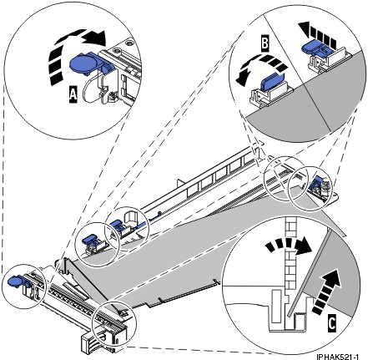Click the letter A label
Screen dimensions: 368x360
(x=73, y=94)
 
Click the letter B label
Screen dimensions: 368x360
(x=265, y=44)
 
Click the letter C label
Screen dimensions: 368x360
(x=331, y=323)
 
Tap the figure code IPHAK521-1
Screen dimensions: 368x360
(x=337, y=357)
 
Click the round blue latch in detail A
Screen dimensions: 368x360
(x=83, y=63)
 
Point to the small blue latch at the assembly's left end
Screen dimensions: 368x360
(x=17, y=281)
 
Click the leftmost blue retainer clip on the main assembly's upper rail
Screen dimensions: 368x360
(x=89, y=240)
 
